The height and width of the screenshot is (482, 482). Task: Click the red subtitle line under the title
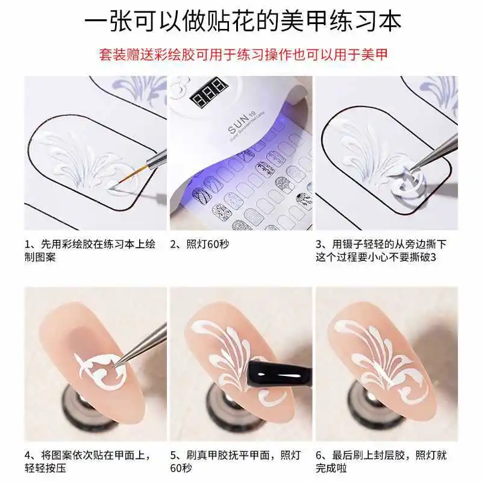[x=242, y=55]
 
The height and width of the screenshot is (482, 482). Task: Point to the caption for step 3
[x=386, y=251]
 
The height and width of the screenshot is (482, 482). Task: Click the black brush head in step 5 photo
[x=260, y=376]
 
